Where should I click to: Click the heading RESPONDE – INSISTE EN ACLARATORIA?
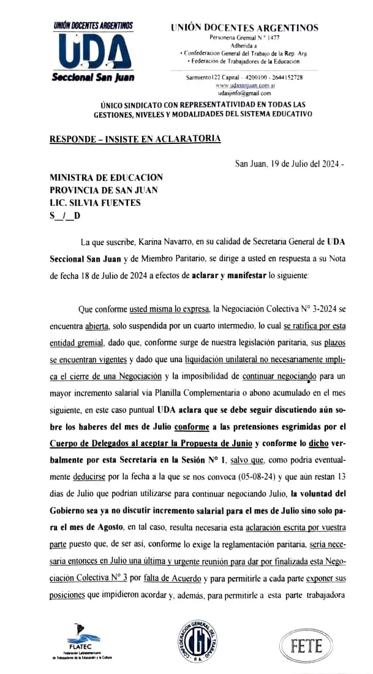click(x=135, y=139)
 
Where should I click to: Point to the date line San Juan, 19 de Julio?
click(x=289, y=164)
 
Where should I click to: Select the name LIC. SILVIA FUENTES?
click(x=95, y=203)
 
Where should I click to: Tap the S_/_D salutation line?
click(x=65, y=216)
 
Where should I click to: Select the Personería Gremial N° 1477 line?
click(x=244, y=38)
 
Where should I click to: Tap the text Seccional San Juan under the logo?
click(x=93, y=78)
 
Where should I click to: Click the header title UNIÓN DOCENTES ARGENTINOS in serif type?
click(x=244, y=28)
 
